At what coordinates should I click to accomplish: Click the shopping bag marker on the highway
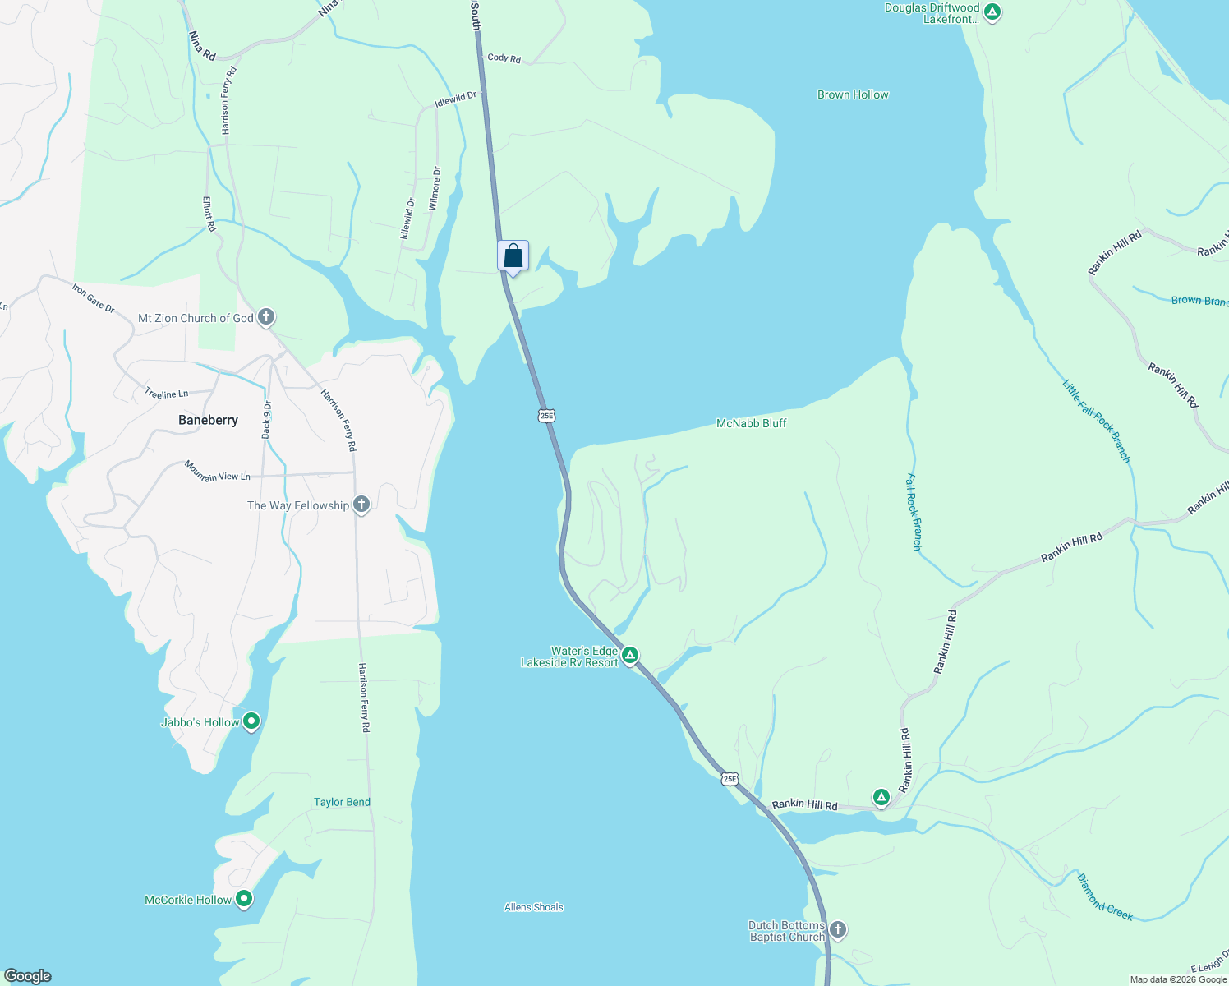pyautogui.click(x=513, y=256)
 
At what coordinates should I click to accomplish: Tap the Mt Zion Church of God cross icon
pyautogui.click(x=265, y=317)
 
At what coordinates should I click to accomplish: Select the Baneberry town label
pyautogui.click(x=208, y=420)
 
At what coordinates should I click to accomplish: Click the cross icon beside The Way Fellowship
pyautogui.click(x=361, y=505)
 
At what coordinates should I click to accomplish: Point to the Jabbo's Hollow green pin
pyautogui.click(x=252, y=721)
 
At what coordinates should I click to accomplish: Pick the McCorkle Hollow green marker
pyautogui.click(x=244, y=899)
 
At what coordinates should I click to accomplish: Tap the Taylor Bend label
pyautogui.click(x=342, y=802)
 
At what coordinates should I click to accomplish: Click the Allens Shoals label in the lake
pyautogui.click(x=534, y=907)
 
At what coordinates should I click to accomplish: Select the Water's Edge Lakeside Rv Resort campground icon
pyautogui.click(x=629, y=655)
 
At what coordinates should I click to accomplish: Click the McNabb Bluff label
pyautogui.click(x=751, y=423)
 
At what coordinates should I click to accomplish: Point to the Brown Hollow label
pyautogui.click(x=853, y=94)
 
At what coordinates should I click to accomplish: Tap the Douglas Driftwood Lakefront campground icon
pyautogui.click(x=992, y=12)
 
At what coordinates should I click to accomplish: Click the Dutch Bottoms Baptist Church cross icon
pyautogui.click(x=837, y=930)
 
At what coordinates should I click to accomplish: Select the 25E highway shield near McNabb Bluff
pyautogui.click(x=547, y=416)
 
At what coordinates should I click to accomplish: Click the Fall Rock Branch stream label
pyautogui.click(x=914, y=512)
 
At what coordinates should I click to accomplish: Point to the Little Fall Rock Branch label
pyautogui.click(x=1097, y=421)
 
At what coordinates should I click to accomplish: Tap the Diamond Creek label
pyautogui.click(x=1105, y=896)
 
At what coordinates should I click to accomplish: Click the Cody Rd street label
pyautogui.click(x=504, y=58)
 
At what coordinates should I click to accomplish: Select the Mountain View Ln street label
pyautogui.click(x=218, y=472)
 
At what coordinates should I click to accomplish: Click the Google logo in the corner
pyautogui.click(x=28, y=976)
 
